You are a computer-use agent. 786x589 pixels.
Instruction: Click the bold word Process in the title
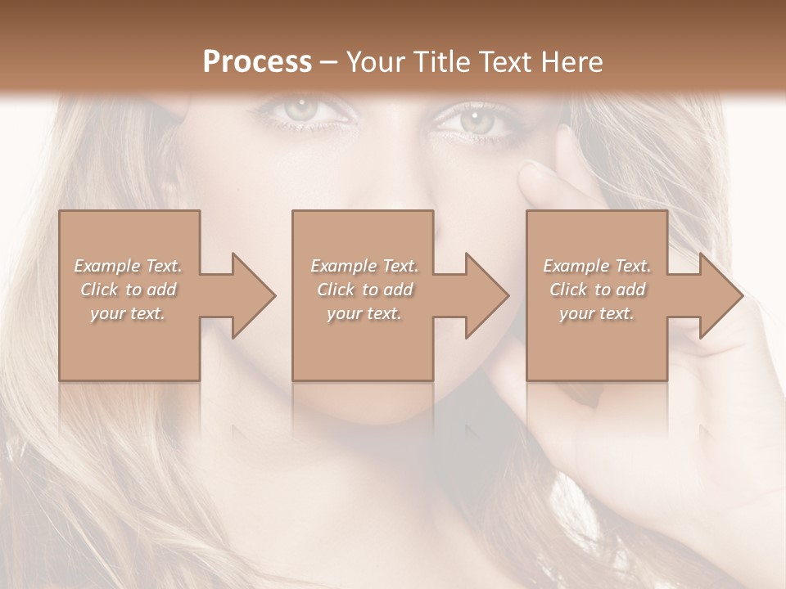coord(257,61)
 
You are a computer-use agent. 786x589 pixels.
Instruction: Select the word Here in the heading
coord(571,61)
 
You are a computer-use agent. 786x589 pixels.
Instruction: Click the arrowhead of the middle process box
coord(487,295)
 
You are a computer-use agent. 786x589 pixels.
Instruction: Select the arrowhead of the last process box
coord(721,295)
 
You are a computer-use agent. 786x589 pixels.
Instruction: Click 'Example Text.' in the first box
coord(128,266)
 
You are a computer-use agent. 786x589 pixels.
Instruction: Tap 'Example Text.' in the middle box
coord(364,266)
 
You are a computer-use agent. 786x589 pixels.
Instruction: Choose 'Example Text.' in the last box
coord(597,266)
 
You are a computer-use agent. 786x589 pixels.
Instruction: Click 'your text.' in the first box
coord(128,313)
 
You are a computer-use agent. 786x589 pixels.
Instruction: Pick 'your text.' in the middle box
coord(364,313)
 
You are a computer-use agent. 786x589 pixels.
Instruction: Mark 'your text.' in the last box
coord(597,313)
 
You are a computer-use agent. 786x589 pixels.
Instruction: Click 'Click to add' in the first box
coord(128,290)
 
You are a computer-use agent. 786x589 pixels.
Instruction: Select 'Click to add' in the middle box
coord(364,290)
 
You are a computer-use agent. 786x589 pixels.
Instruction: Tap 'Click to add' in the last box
coord(597,290)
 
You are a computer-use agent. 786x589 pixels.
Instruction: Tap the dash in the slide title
coord(329,62)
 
